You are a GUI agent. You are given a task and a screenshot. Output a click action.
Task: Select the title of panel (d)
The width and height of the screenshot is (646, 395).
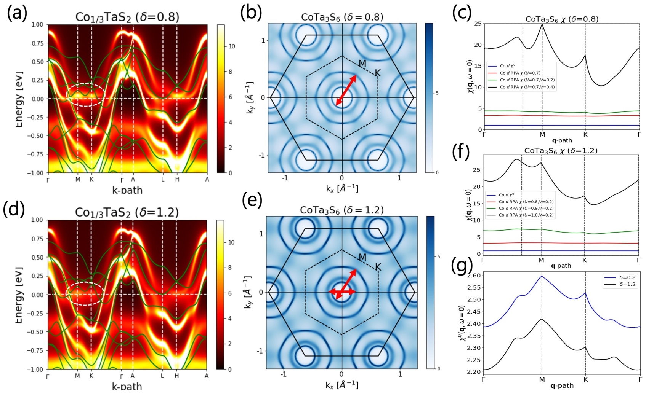(127, 212)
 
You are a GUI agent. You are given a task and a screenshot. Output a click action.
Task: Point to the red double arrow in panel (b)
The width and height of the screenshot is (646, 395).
(346, 90)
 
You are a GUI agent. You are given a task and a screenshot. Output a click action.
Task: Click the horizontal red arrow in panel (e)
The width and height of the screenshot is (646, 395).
(342, 292)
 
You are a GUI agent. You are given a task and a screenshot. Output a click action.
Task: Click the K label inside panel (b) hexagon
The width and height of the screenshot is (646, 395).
(377, 73)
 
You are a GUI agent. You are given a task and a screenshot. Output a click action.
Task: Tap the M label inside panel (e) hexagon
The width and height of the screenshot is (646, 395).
(362, 258)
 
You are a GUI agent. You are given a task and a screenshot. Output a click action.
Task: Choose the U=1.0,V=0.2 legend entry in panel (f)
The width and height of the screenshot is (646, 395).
(526, 215)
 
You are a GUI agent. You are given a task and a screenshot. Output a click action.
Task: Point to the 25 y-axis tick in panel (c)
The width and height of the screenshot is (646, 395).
(478, 24)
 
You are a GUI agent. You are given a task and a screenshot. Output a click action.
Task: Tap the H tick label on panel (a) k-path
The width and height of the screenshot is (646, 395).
(177, 179)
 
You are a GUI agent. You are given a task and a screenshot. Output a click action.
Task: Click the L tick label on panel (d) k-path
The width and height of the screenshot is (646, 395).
(162, 376)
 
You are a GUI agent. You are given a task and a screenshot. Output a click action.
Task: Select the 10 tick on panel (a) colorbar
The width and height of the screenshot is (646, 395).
(232, 46)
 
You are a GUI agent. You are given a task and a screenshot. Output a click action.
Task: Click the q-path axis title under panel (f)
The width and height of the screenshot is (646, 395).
(561, 266)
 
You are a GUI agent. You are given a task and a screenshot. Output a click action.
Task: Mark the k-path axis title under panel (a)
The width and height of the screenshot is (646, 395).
(127, 190)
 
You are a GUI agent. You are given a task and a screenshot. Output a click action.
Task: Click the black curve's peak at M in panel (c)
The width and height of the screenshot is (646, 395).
(542, 24)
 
